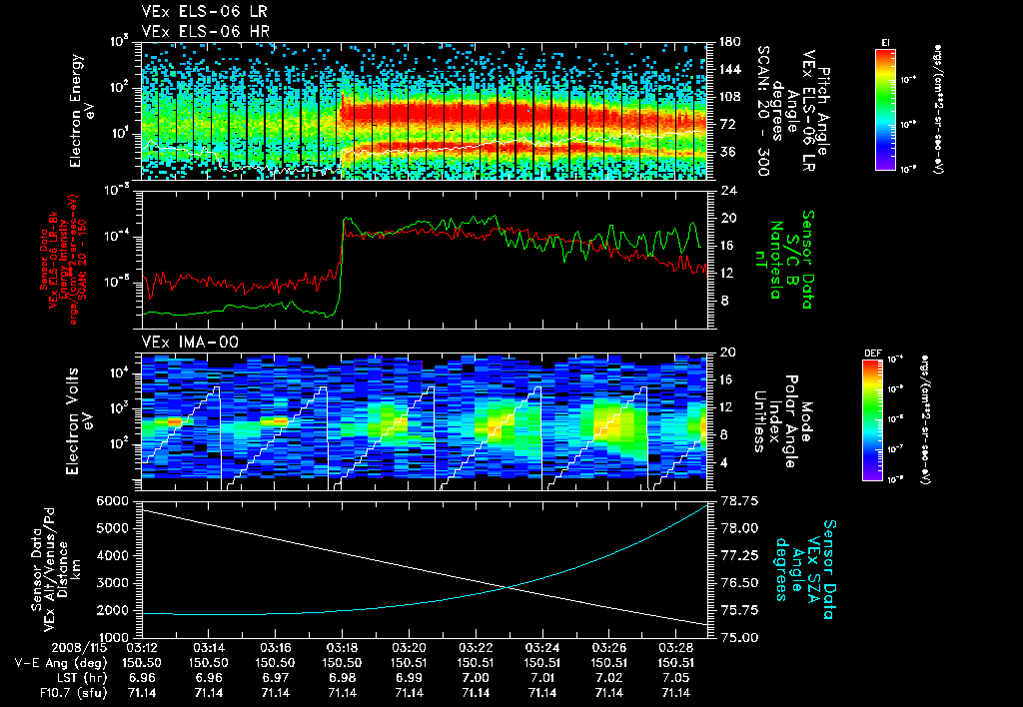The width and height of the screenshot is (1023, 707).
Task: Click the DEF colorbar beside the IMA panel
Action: click(x=871, y=420)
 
